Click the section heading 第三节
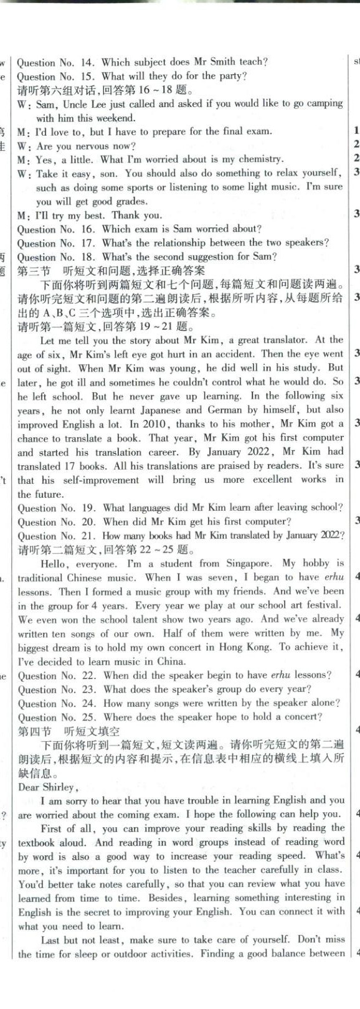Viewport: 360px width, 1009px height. point(36,270)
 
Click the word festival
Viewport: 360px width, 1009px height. point(323,605)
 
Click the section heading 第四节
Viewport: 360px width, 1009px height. point(36,731)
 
